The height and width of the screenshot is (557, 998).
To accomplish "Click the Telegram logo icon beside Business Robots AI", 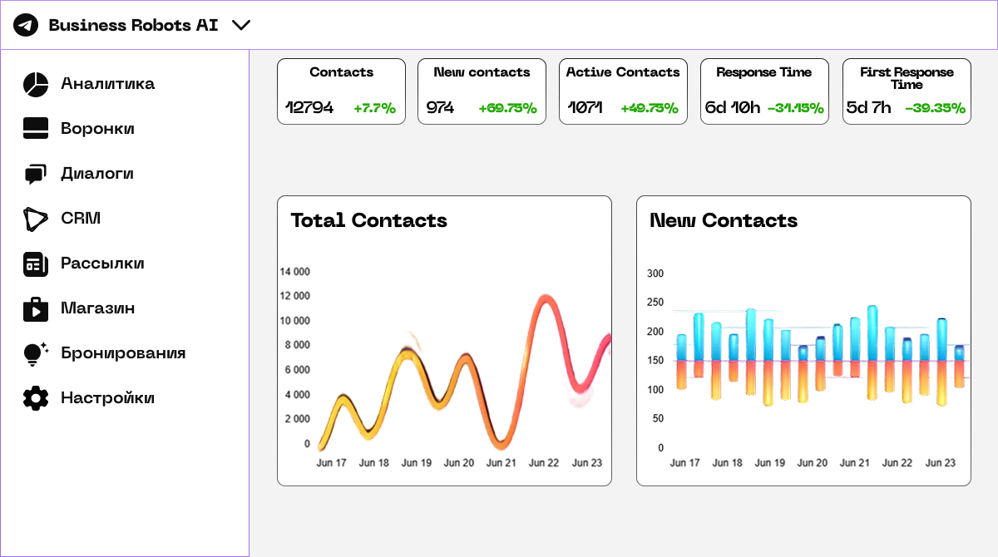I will click(x=26, y=25).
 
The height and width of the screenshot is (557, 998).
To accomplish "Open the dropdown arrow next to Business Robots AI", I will click(x=241, y=25).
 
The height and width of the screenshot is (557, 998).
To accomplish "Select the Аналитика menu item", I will click(x=107, y=84).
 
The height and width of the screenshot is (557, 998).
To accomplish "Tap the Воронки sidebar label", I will click(x=97, y=129).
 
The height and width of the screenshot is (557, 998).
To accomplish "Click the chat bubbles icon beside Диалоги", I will click(x=35, y=174).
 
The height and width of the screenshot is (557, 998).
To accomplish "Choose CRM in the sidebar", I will click(x=81, y=219).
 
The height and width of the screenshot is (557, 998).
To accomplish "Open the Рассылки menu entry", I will click(x=102, y=264).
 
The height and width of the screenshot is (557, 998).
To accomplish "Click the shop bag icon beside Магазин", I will click(x=35, y=308).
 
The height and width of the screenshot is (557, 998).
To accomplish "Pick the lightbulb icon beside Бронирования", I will click(x=35, y=353).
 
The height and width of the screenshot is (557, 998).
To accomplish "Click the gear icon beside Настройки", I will click(x=35, y=398).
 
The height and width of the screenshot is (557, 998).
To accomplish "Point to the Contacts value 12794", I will click(x=309, y=108).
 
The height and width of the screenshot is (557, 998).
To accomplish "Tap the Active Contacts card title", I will click(x=623, y=72).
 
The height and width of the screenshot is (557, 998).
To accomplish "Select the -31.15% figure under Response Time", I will click(x=795, y=108).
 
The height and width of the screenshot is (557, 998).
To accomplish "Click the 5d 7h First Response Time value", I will click(x=868, y=108).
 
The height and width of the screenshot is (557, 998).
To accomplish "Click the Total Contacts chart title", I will click(x=368, y=220).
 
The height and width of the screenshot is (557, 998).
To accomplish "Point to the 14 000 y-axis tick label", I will click(x=294, y=272).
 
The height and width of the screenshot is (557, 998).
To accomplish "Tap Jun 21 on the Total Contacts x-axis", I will click(x=501, y=463).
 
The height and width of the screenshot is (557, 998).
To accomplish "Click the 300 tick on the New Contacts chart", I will click(x=655, y=274).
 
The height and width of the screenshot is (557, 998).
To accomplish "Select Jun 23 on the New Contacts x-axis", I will click(x=941, y=463).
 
